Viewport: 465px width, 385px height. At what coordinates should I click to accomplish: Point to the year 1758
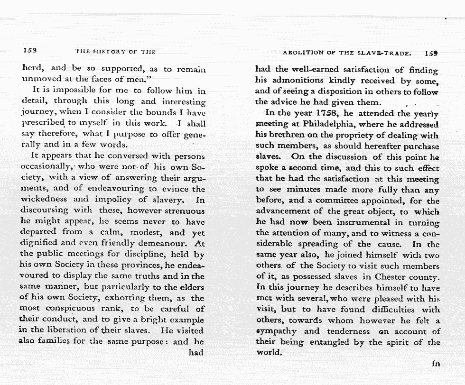pyautogui.click(x=328, y=113)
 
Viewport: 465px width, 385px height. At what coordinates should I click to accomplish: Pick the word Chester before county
pyautogui.click(x=391, y=276)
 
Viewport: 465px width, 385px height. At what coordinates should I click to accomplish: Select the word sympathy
pyautogui.click(x=276, y=331)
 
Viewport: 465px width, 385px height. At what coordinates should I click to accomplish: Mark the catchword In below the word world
pyautogui.click(x=436, y=364)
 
